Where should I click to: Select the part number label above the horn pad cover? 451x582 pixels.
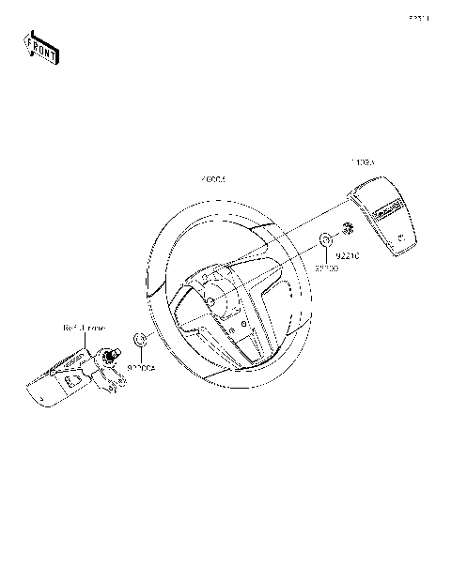[363, 162]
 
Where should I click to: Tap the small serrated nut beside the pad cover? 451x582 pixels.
[347, 227]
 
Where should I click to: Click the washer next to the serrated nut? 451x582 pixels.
[325, 241]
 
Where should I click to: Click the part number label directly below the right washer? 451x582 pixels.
[325, 268]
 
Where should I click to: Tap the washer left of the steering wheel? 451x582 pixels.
[138, 339]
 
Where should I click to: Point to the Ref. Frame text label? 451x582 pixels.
[85, 328]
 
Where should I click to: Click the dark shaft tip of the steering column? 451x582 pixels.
[110, 355]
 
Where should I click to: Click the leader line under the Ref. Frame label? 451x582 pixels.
[95, 340]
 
